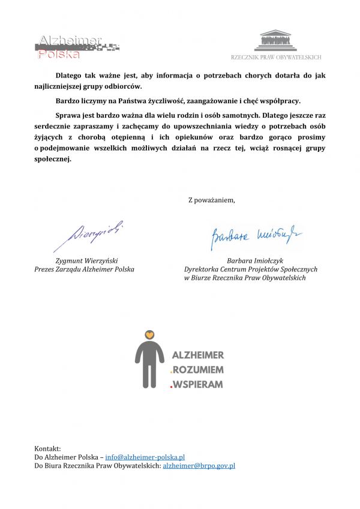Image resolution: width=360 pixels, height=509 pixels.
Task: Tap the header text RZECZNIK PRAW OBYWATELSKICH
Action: [x=276, y=57]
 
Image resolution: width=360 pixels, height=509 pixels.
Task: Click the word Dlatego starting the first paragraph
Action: [x=71, y=76]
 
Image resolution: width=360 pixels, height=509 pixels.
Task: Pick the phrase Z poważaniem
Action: [x=212, y=200]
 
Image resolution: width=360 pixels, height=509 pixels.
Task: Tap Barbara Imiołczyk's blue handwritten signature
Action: [x=256, y=236]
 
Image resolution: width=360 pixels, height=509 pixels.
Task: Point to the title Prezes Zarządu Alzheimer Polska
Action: [x=84, y=270]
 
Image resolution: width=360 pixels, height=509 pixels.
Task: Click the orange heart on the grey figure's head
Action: [x=150, y=334]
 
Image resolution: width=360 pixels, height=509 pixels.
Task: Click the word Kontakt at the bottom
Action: [x=47, y=448]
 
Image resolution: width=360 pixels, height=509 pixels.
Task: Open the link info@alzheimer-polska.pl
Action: [x=145, y=457]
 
